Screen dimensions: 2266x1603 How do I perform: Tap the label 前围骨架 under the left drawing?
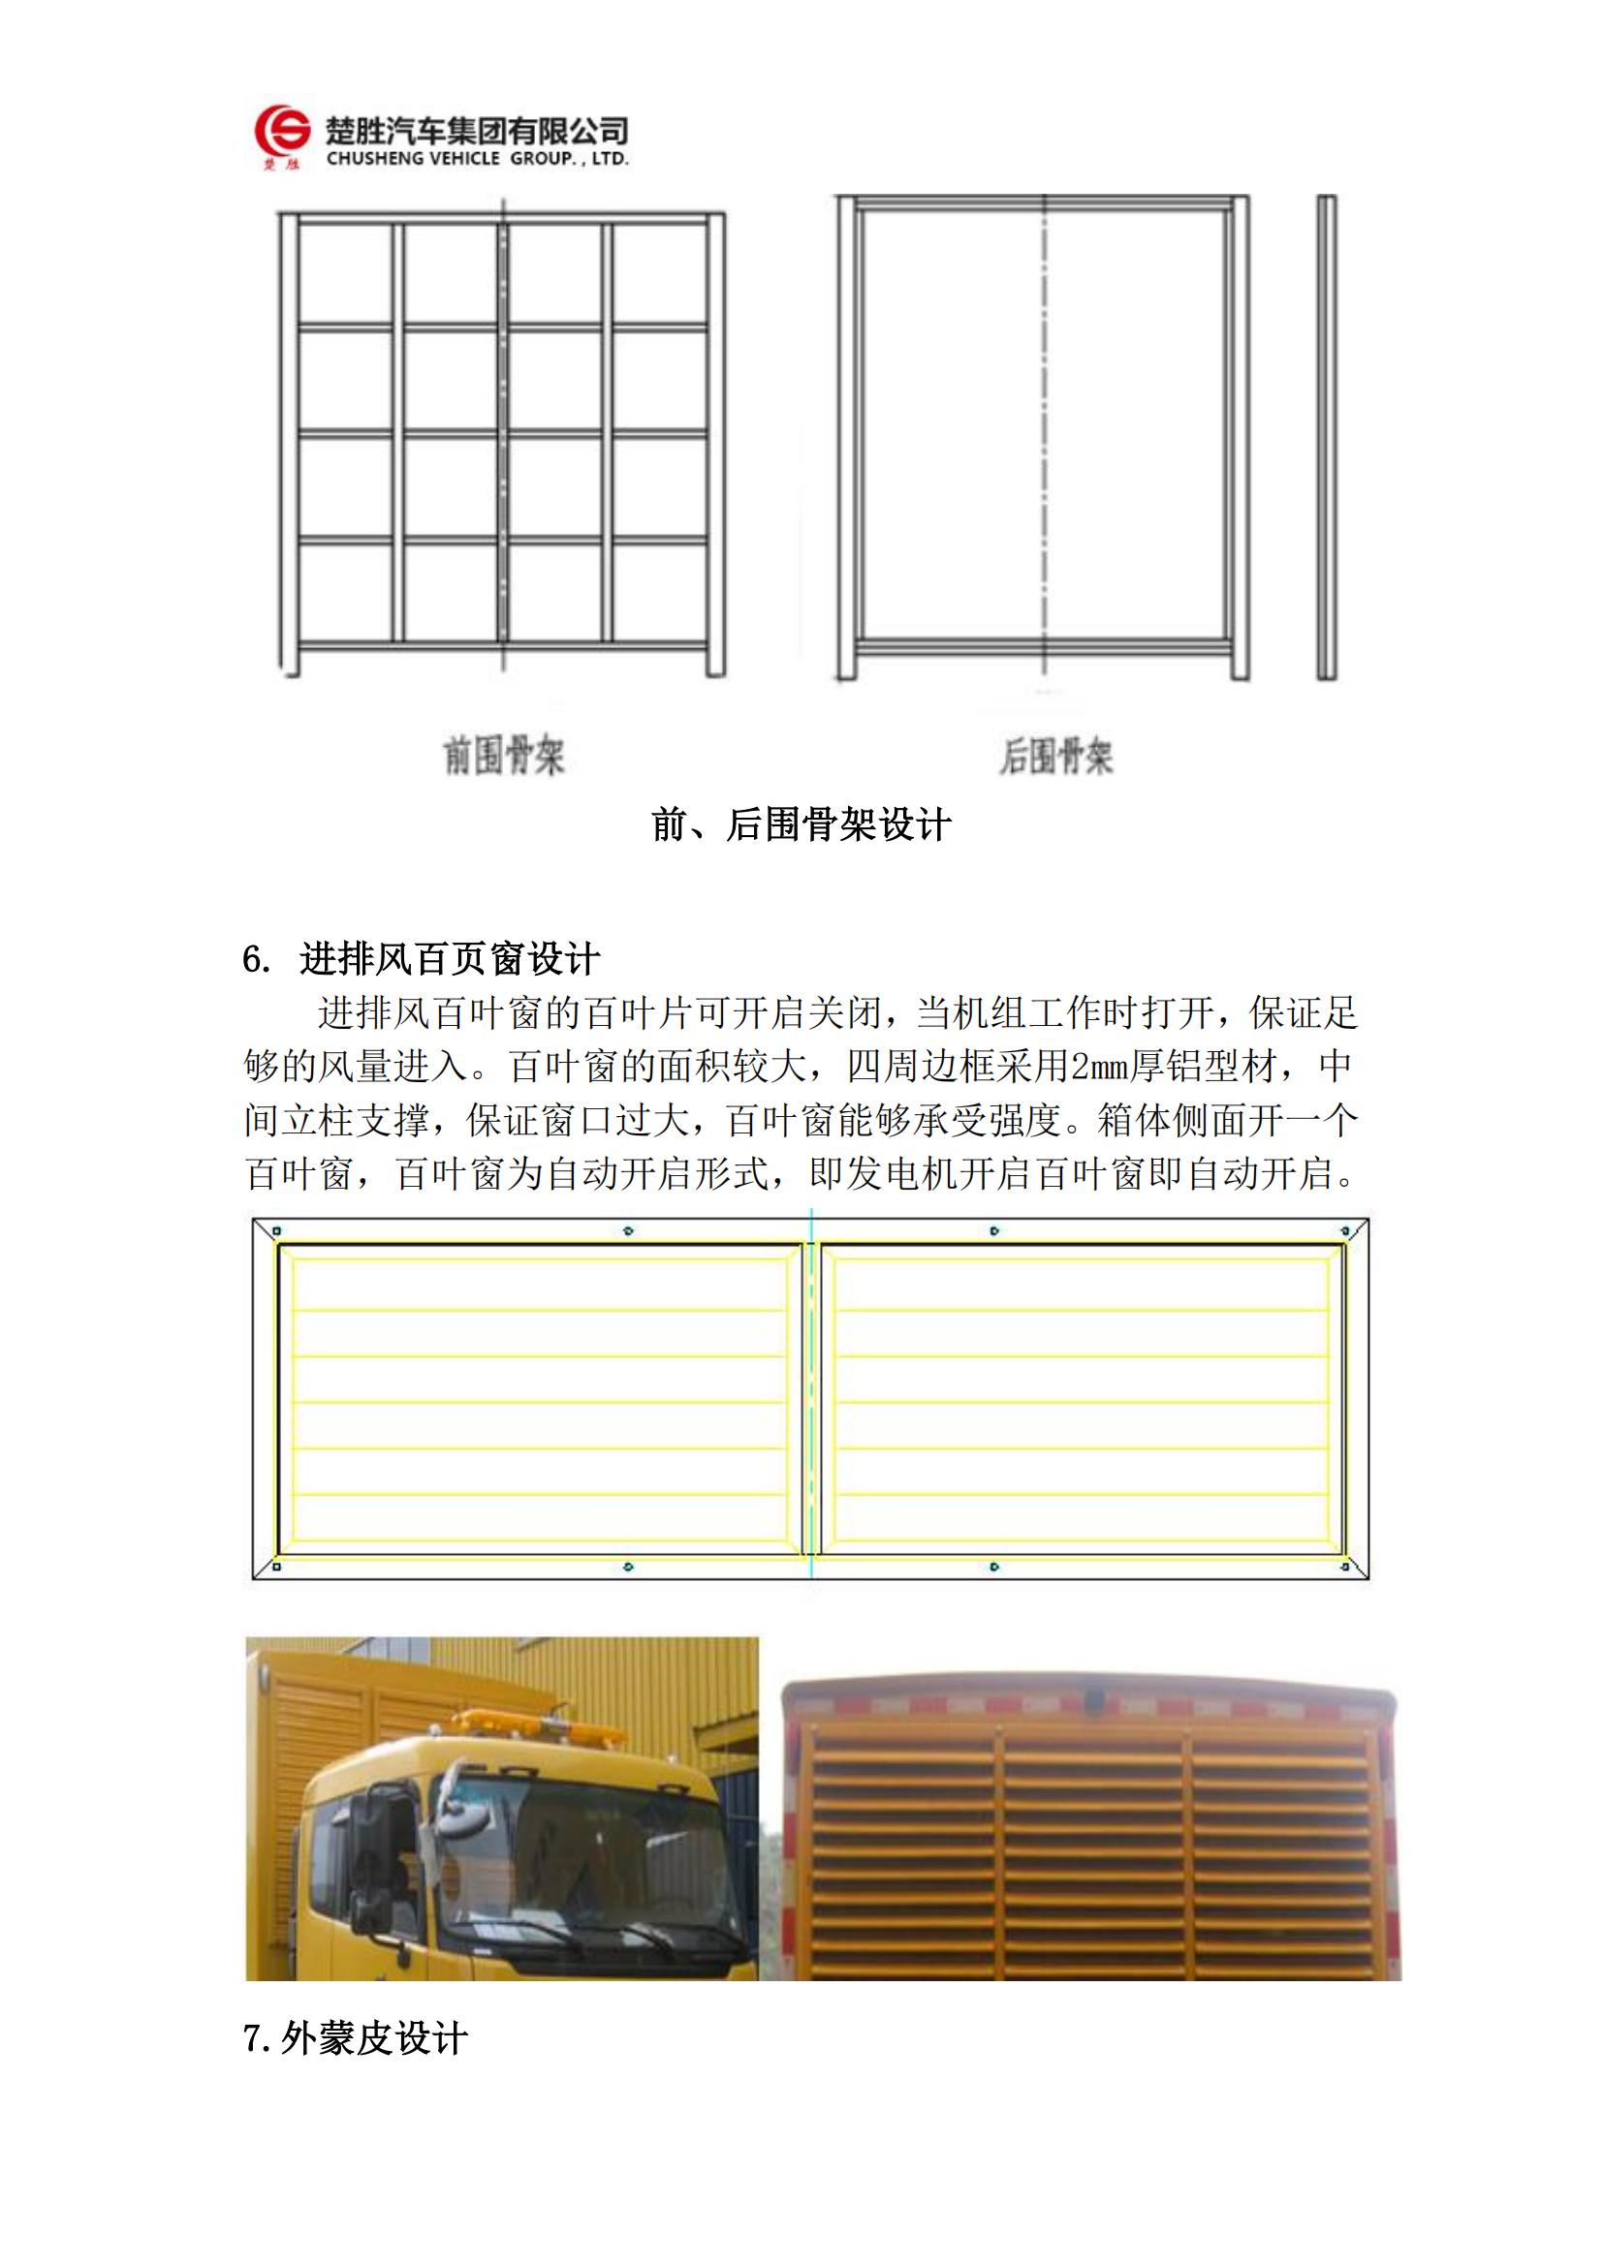point(503,756)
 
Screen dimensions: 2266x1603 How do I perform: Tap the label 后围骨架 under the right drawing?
point(1056,757)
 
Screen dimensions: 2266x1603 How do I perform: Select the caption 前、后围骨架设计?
point(801,824)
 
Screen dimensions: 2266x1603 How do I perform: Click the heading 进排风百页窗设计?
point(450,958)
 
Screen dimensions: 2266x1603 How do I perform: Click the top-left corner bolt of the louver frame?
point(277,1230)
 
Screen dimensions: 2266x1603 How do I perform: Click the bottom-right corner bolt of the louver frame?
point(1344,1567)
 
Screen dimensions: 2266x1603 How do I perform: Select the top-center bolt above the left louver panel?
point(629,1230)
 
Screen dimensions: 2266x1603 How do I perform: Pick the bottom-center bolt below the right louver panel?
point(994,1567)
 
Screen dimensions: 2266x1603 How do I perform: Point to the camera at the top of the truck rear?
point(1093,1699)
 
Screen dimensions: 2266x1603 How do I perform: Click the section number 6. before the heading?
point(257,959)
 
